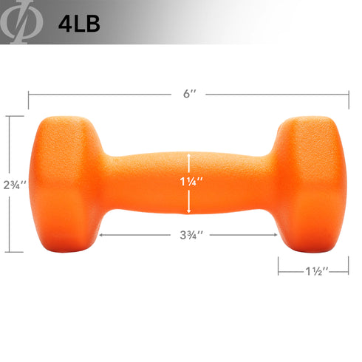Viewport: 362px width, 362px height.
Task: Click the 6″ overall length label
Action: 189,95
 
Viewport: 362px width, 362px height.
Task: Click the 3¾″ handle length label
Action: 190,236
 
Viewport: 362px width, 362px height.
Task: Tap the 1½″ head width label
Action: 313,271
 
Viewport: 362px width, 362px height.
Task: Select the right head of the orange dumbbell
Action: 310,183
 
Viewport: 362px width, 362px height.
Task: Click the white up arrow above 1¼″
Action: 190,158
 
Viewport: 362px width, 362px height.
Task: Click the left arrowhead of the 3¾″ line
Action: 100,236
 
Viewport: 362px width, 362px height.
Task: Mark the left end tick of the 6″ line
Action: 29,95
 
